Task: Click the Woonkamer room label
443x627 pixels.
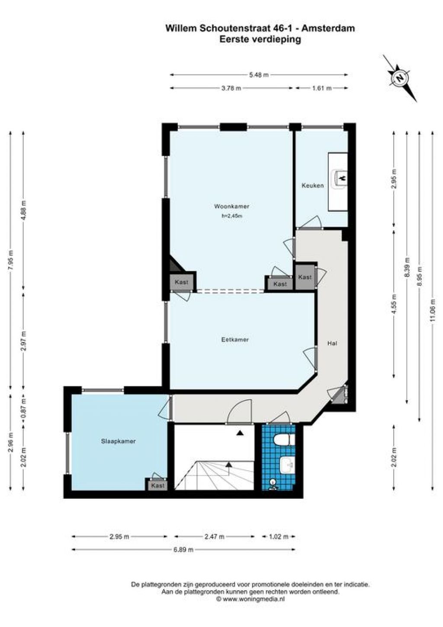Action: [x=231, y=207]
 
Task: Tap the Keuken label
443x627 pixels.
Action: [x=313, y=185]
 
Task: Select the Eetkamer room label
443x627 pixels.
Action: [x=235, y=339]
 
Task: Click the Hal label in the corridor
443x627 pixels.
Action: [x=332, y=343]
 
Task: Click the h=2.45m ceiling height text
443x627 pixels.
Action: [x=232, y=217]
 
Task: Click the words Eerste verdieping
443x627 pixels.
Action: [x=260, y=39]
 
